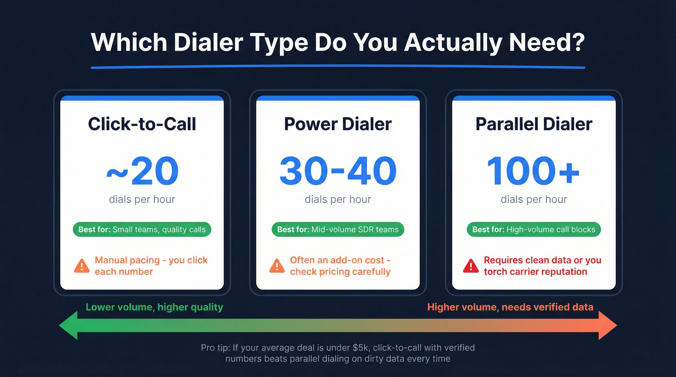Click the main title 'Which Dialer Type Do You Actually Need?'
click(338, 42)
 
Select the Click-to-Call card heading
click(142, 124)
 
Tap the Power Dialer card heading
click(338, 124)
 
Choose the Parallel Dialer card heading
click(534, 124)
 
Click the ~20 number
click(142, 171)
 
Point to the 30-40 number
click(338, 171)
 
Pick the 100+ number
click(534, 171)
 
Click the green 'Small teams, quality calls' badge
click(142, 229)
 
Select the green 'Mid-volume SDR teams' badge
click(338, 229)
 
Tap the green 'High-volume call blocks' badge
click(534, 229)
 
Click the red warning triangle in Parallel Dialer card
click(471, 266)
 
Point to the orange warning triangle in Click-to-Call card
click(82, 266)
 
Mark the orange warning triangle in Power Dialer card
click(277, 266)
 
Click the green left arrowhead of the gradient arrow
click(69, 326)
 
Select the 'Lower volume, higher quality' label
click(155, 307)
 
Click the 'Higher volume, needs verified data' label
click(510, 307)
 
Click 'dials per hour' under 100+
click(534, 199)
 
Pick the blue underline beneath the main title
click(338, 67)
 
